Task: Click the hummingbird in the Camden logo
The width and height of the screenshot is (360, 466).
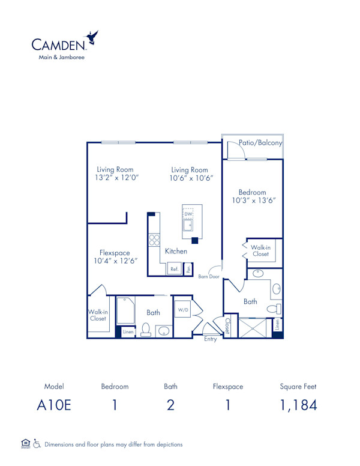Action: pos(92,38)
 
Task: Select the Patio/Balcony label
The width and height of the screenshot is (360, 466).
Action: pos(260,144)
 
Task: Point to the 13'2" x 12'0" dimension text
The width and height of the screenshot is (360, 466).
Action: pos(116,178)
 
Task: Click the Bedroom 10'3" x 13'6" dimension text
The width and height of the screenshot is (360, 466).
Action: pos(254,201)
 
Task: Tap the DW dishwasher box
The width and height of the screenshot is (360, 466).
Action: pos(188,214)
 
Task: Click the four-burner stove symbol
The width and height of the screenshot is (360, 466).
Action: pos(154,240)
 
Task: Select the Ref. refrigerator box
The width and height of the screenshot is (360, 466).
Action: pos(174,269)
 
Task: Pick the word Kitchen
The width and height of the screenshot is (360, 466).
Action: pos(176,251)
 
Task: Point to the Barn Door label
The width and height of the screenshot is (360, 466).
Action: pos(209,277)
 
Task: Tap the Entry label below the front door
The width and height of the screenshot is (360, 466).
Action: pos(210,339)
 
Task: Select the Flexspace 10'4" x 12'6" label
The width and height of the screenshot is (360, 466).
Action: pos(116,257)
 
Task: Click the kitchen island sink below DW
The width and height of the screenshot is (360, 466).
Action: pos(188,226)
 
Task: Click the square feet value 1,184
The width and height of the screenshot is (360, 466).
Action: pos(298,405)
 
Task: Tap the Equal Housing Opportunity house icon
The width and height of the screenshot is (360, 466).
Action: pos(25,444)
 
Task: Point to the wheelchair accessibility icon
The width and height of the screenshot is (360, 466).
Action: pos(37,444)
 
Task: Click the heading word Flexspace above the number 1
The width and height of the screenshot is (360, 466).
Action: pos(228,386)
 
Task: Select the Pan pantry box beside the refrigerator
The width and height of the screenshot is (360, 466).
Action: pos(188,269)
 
